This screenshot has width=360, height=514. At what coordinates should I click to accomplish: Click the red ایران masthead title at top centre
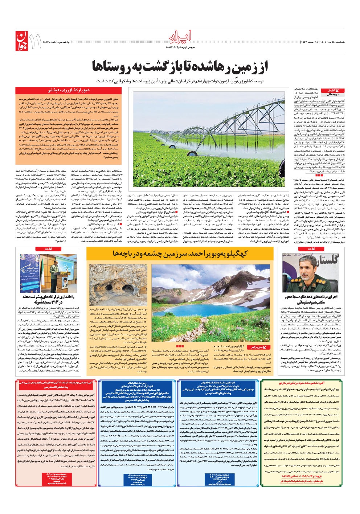point(180,36)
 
